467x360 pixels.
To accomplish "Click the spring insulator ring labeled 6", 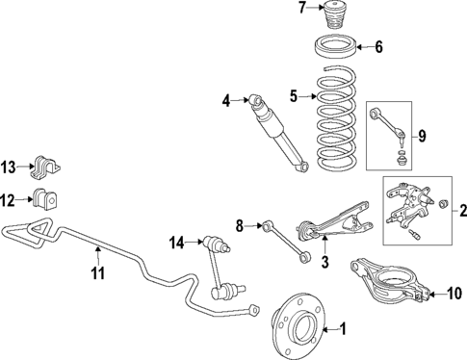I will click(x=337, y=46).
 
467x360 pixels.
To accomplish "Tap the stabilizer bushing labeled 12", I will click(x=45, y=201).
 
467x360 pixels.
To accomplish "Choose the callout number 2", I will click(x=460, y=211).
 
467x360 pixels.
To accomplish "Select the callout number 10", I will click(x=455, y=293).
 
